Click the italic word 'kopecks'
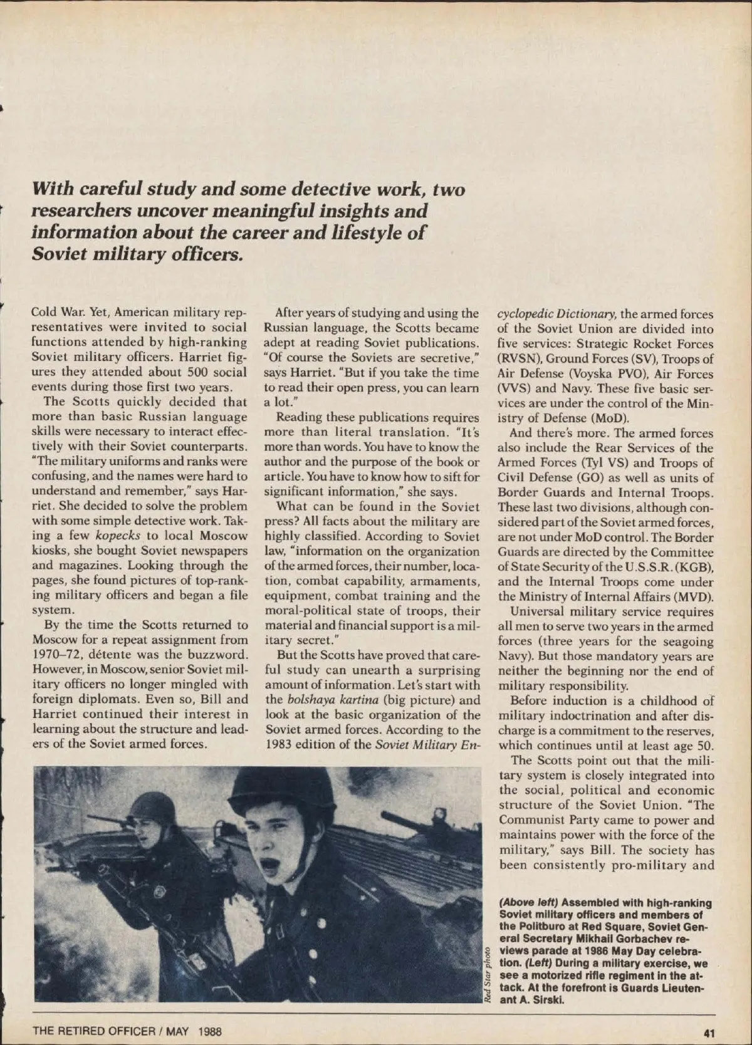118,536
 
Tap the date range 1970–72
55,655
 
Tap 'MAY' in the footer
178,1031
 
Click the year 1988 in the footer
208,1031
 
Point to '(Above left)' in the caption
528,903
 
